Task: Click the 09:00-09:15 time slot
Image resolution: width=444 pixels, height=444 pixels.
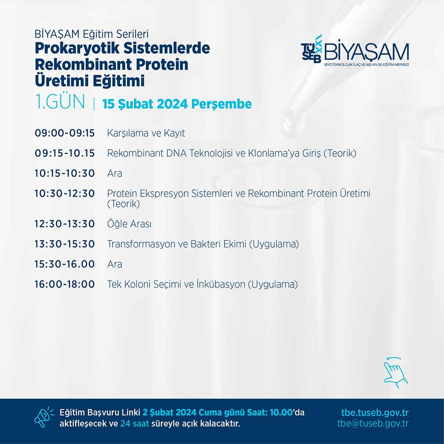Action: coord(65,133)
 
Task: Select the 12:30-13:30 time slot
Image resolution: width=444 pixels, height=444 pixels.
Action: coord(65,224)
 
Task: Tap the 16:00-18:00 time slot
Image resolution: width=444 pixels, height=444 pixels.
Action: coord(65,284)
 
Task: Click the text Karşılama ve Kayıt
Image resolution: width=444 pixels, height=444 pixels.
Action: coord(146,133)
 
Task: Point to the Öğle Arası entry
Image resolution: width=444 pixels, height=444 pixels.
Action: coord(129,223)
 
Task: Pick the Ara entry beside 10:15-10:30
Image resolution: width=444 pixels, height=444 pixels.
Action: coord(115,173)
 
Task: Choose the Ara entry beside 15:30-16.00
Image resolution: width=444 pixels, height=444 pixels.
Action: coord(115,264)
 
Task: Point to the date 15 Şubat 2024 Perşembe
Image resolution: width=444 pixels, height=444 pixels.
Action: coord(177,104)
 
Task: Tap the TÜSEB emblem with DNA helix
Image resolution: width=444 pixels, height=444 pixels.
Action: coord(312,48)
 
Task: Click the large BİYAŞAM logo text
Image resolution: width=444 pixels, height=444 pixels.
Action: coord(367,52)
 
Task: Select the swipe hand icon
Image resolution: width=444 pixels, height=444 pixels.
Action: coord(395,372)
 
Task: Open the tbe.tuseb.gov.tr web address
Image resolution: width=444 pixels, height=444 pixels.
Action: coord(375,413)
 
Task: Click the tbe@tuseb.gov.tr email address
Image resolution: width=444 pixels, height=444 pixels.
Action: coord(373,423)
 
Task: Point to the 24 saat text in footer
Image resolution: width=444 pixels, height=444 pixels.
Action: coord(134,423)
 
